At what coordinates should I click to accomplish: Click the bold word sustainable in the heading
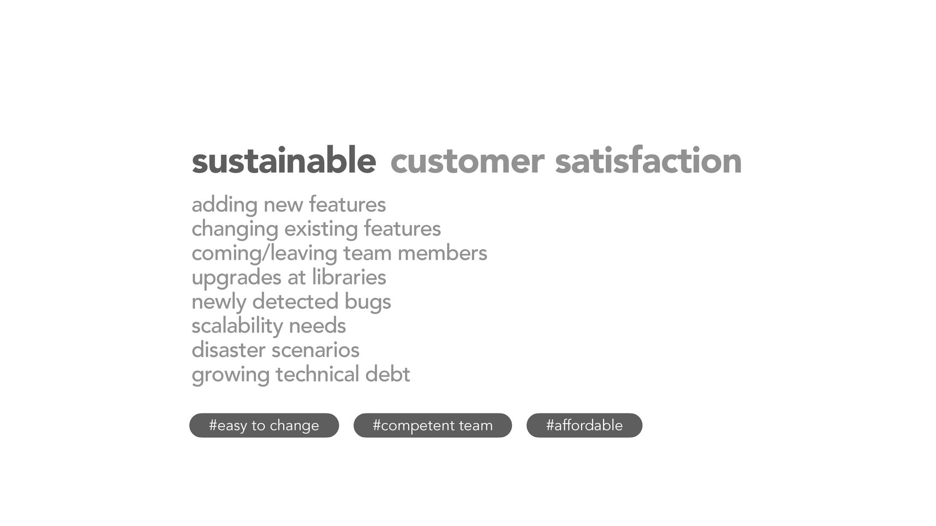[x=284, y=160]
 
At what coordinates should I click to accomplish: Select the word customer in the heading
[x=467, y=162]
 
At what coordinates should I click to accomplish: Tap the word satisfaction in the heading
[x=648, y=160]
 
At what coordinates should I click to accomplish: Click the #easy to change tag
[x=264, y=425]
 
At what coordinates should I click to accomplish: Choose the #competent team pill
[x=433, y=425]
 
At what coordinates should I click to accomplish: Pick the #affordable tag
[x=585, y=425]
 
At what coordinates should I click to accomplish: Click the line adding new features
[x=289, y=205]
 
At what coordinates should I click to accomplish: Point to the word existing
[x=321, y=229]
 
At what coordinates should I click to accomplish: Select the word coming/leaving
[x=264, y=254]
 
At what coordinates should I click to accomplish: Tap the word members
[x=442, y=253]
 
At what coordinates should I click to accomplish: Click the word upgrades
[x=236, y=278]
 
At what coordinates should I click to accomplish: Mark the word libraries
[x=349, y=277]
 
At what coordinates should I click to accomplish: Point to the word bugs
[x=368, y=302]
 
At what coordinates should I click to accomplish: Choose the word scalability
[x=237, y=326]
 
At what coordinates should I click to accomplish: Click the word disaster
[x=228, y=350]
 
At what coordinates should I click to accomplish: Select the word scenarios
[x=315, y=350]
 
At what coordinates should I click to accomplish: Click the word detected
[x=295, y=301]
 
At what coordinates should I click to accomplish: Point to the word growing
[x=231, y=376]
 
